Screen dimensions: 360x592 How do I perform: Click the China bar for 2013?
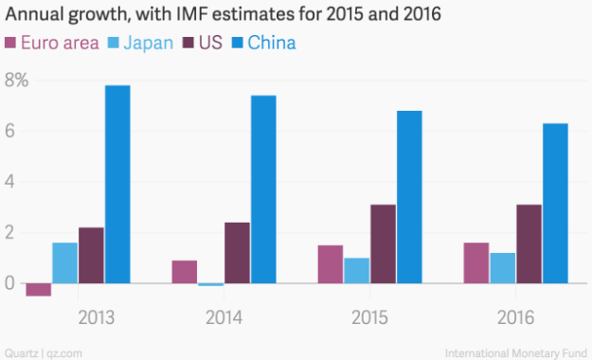[x=117, y=184]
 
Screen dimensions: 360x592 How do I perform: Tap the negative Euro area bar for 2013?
[x=38, y=289]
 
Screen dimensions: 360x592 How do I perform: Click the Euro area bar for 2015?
[x=330, y=263]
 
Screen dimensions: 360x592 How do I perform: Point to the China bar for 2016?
[x=555, y=203]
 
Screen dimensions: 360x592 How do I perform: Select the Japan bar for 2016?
[x=502, y=267]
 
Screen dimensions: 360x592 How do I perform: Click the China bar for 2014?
[x=263, y=189]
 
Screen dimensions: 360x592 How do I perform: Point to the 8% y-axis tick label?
[x=17, y=81]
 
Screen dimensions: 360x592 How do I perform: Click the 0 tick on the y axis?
[x=9, y=282]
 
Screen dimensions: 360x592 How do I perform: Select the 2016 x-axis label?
[x=515, y=315]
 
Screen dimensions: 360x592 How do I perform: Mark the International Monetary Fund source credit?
[x=522, y=351]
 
